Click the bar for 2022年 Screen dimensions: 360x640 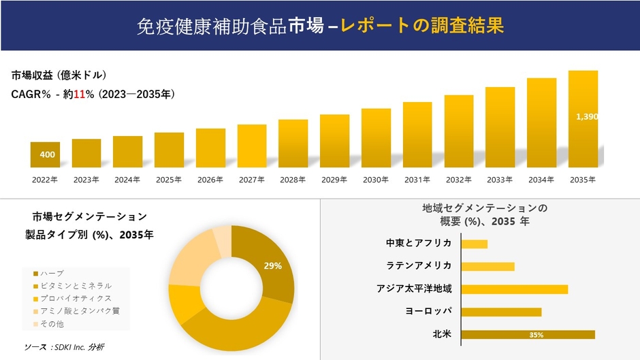point(45,154)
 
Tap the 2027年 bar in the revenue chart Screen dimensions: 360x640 point(252,146)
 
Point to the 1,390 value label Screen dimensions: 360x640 point(586,117)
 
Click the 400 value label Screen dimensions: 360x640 point(48,155)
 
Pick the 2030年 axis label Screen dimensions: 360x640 point(376,180)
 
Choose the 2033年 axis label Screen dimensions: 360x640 point(500,180)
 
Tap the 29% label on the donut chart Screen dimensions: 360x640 point(273,266)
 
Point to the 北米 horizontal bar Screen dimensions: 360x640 point(528,334)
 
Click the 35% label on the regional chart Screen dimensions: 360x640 point(536,335)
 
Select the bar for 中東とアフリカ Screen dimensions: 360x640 point(475,244)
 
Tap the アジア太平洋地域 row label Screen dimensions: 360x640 point(414,289)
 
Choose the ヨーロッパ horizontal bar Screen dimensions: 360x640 point(501,312)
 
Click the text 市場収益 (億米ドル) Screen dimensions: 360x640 point(59,76)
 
